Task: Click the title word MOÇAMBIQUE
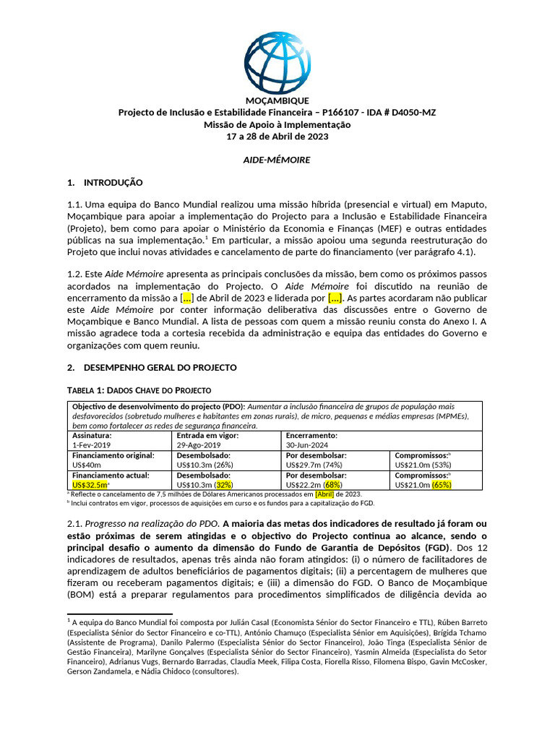pos(277,100)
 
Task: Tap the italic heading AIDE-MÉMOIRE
pos(277,159)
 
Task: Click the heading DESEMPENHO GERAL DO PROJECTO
pos(160,367)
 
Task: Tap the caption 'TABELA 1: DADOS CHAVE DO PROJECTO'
pos(139,390)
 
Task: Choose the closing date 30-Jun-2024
pos(311,446)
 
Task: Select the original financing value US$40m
pos(87,465)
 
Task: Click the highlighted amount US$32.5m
pos(90,485)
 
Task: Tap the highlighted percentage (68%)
pos(332,485)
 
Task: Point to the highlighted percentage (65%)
pos(442,485)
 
